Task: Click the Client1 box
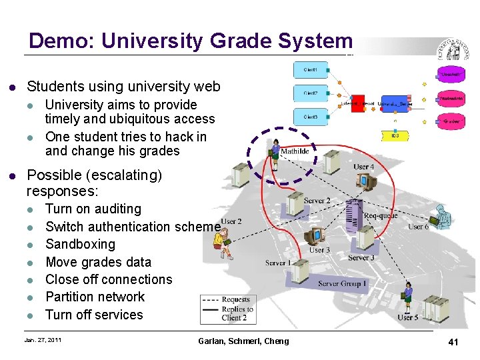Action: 311,70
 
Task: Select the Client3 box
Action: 311,117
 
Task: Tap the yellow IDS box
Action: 395,136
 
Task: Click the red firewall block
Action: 357,103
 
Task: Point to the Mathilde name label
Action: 295,151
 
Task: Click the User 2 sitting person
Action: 227,240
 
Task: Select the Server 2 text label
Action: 317,201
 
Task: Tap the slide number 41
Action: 453,342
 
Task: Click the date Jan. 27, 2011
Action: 43,341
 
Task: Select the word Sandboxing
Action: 80,244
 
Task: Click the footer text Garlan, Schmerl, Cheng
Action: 243,341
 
